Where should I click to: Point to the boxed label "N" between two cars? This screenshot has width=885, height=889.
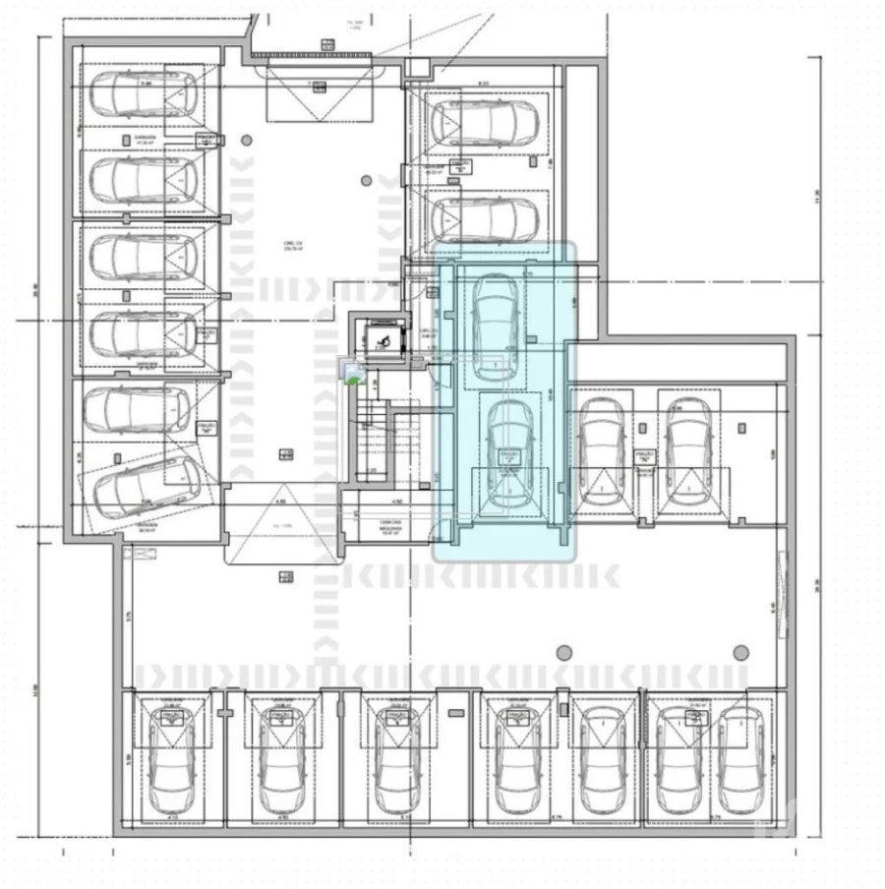click(644, 456)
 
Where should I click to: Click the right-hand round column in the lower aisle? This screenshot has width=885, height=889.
click(740, 652)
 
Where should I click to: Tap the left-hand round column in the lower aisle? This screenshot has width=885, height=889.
click(563, 652)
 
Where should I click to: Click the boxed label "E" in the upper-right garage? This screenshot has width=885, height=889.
click(458, 168)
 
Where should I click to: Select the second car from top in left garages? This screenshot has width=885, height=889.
click(143, 178)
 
